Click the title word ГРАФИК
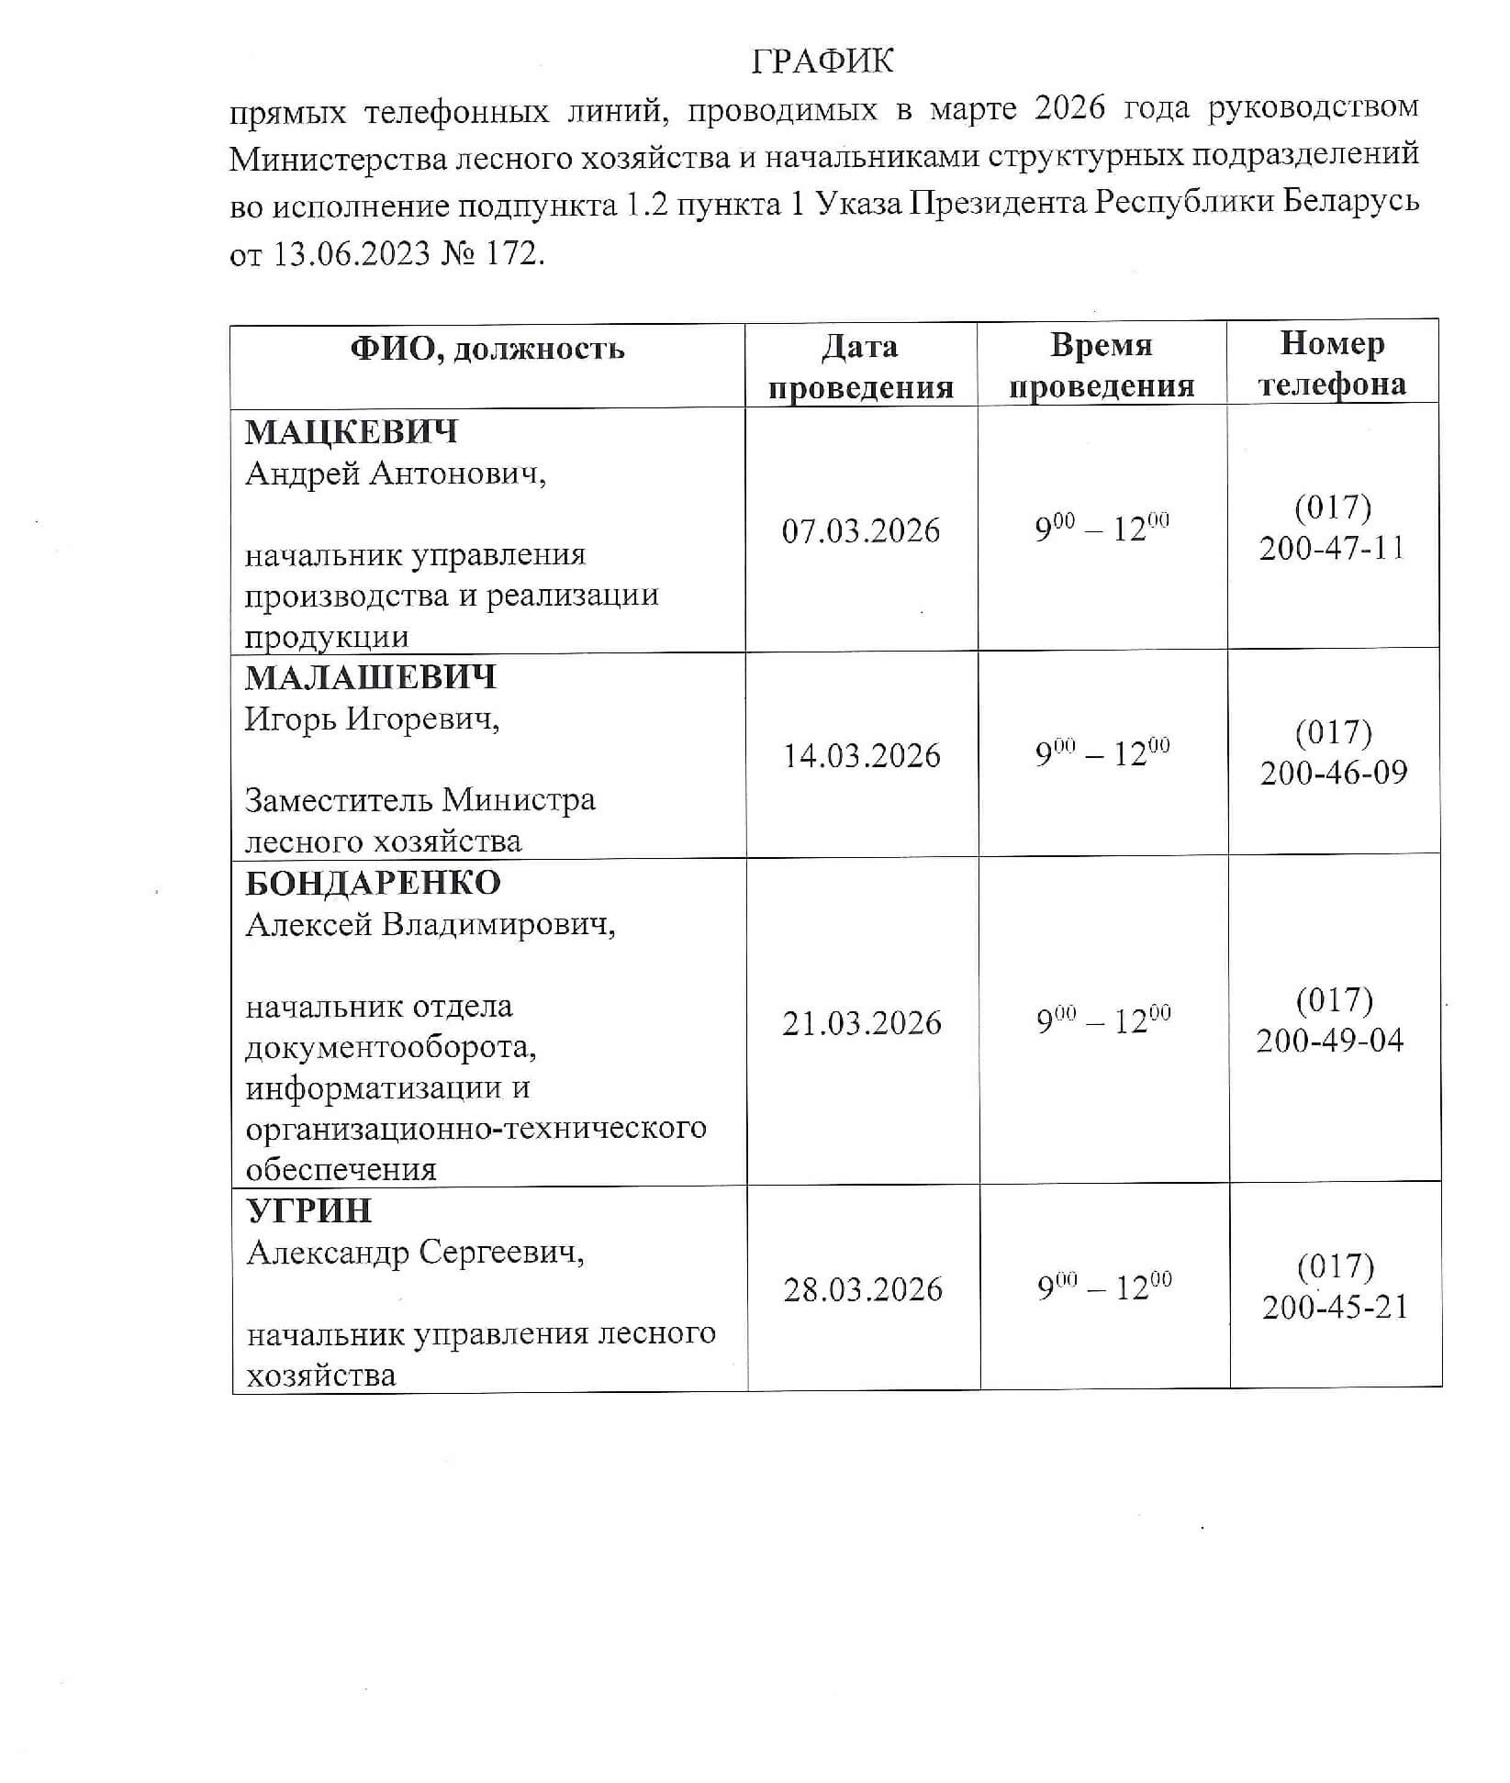(822, 61)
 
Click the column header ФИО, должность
(487, 350)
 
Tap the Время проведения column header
(1102, 365)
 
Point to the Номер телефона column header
(1332, 363)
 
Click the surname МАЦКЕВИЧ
(352, 431)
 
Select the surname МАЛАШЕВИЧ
(370, 677)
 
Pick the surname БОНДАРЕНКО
(373, 883)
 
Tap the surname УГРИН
(309, 1210)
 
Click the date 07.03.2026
(861, 531)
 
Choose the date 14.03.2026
(862, 756)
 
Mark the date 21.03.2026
(862, 1023)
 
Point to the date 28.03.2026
(863, 1290)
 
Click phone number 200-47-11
(1332, 549)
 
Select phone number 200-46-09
(1333, 773)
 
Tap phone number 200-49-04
(1330, 1041)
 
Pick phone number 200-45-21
(1335, 1308)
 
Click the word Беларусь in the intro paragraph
(1350, 201)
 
